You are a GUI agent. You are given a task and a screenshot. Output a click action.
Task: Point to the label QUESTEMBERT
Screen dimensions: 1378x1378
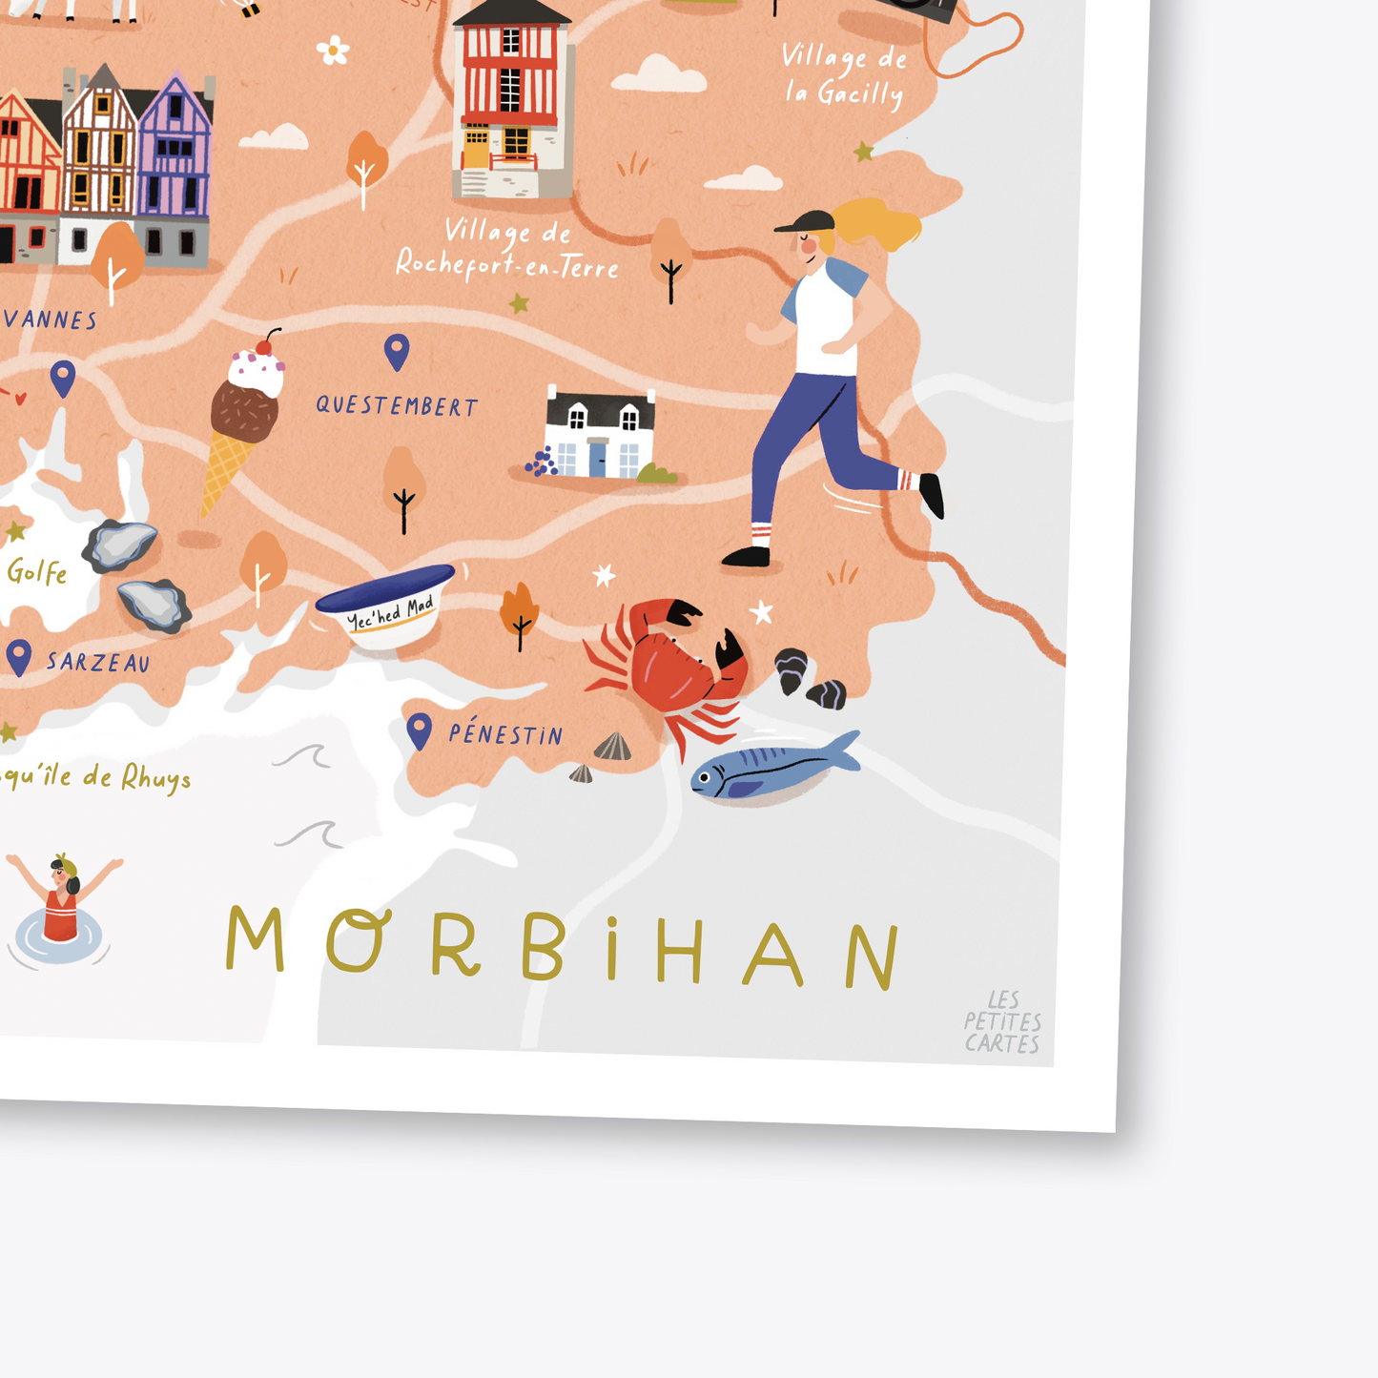point(397,406)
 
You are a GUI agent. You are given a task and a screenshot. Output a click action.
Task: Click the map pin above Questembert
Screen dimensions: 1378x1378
point(397,352)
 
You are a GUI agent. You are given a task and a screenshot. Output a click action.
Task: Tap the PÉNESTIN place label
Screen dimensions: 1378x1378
point(505,734)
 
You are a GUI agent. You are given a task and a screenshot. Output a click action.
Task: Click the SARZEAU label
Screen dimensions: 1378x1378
point(98,662)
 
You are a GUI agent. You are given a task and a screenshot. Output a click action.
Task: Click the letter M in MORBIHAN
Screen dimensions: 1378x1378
point(255,938)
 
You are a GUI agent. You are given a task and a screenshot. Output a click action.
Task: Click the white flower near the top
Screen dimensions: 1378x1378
point(333,50)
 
